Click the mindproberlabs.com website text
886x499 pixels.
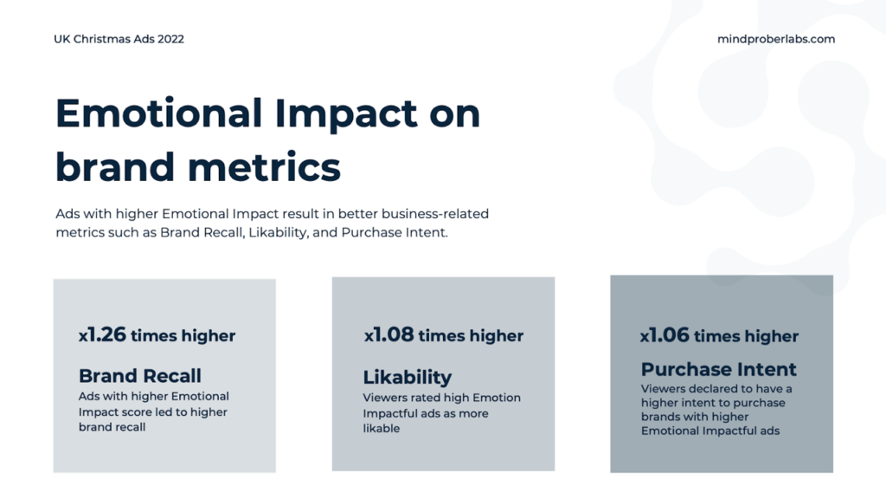coord(776,39)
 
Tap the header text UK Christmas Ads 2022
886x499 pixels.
coord(119,39)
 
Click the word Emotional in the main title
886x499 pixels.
coord(159,113)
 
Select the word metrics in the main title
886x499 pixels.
coord(264,167)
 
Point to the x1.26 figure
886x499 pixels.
coord(102,334)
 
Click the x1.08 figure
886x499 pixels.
coord(388,334)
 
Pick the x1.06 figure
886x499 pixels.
coord(664,335)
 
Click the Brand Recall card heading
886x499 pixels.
coord(139,376)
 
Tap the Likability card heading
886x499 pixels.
coord(408,377)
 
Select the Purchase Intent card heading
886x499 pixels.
coord(718,369)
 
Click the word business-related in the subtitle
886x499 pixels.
coord(435,214)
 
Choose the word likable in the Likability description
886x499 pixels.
coord(382,428)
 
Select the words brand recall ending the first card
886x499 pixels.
coord(112,427)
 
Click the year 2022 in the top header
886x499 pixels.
coord(170,39)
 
